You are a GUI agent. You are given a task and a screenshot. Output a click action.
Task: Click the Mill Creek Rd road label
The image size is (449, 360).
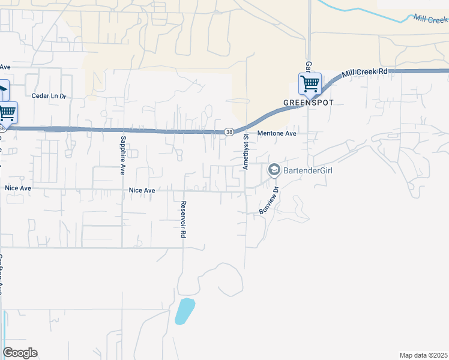[364, 73]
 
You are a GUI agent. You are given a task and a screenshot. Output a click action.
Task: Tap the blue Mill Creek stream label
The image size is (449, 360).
[430, 19]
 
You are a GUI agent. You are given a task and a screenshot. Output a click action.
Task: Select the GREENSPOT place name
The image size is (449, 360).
[309, 103]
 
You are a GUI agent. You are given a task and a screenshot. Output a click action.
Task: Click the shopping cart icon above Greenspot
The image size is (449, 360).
[310, 83]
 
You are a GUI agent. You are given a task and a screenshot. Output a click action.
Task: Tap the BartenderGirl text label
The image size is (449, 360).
[308, 170]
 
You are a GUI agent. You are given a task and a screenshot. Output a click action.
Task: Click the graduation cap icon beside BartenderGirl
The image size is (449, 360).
[274, 170]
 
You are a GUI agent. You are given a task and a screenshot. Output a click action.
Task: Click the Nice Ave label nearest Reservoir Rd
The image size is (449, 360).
[142, 190]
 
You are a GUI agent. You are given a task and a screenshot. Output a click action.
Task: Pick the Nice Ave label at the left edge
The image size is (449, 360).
[17, 188]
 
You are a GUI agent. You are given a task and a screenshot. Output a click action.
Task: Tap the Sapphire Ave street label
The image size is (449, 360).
[122, 154]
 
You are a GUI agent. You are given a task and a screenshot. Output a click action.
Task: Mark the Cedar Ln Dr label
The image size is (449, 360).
[52, 95]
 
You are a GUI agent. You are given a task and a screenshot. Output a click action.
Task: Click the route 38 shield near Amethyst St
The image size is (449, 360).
[229, 132]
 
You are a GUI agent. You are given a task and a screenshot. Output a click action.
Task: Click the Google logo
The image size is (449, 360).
[20, 353]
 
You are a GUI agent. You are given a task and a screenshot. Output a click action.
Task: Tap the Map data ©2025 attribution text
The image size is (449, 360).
[423, 355]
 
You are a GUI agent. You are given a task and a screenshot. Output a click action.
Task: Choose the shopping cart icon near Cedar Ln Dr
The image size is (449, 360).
[7, 111]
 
